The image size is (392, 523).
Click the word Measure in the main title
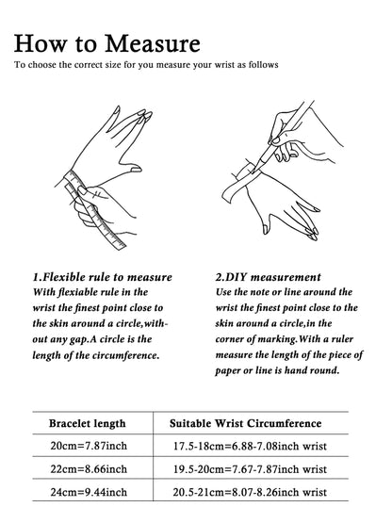[x=153, y=43]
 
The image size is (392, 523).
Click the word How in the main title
[x=40, y=43]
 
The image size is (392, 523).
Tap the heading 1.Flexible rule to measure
[x=103, y=277]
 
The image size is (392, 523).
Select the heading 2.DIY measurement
[x=268, y=277]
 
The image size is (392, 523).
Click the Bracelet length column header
[x=88, y=423]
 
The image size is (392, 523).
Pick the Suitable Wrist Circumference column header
[x=246, y=423]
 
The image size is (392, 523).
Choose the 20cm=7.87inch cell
[x=89, y=446]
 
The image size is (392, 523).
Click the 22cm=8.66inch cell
[x=89, y=469]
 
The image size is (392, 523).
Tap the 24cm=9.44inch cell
[x=89, y=492]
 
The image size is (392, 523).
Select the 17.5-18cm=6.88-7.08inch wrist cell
[x=250, y=446]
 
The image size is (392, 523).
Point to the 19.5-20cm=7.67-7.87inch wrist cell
[x=250, y=469]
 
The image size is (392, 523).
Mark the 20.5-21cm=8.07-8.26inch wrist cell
[x=250, y=492]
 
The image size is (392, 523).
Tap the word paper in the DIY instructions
[x=228, y=371]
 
